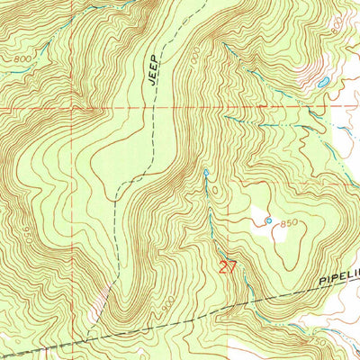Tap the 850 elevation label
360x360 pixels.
pos(288,222)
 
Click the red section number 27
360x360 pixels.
pos(229,266)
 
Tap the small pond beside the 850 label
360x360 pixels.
pos(268,220)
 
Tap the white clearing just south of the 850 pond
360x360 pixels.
pos(274,236)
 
